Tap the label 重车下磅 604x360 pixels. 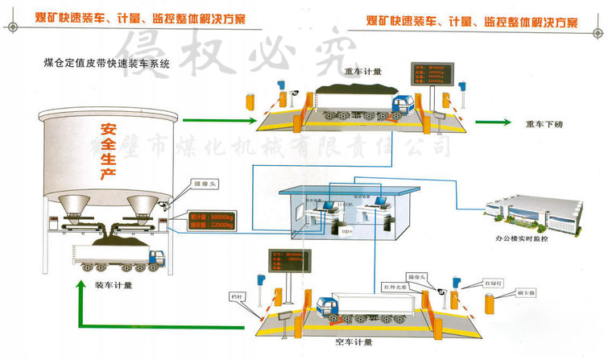pos(544,124)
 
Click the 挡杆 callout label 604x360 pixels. pos(236,296)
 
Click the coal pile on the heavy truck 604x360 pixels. pos(352,88)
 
